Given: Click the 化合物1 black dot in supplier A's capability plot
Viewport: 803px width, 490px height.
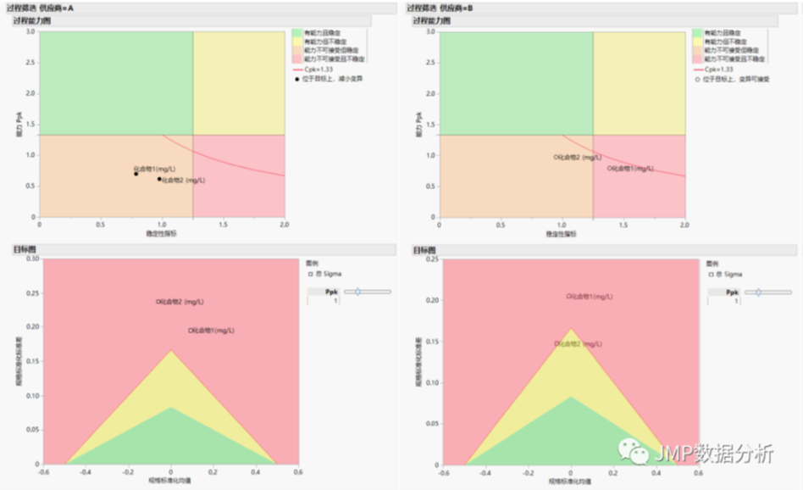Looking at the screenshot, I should (x=136, y=174).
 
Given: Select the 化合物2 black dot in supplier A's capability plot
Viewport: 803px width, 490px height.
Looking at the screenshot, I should (x=159, y=179).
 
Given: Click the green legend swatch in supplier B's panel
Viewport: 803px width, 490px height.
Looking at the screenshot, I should (x=698, y=33).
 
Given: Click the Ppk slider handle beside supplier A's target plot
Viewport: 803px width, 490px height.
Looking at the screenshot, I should (x=357, y=292).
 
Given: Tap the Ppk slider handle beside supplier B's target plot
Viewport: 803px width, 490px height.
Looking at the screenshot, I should (x=758, y=292).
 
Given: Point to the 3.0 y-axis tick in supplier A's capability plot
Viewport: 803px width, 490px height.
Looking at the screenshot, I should (x=30, y=32).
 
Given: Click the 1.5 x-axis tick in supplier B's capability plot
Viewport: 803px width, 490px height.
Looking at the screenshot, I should (x=623, y=225).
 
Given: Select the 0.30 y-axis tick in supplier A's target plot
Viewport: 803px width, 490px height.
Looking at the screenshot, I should (x=32, y=259).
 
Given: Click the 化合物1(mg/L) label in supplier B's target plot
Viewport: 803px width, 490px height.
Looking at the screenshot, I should (x=590, y=296).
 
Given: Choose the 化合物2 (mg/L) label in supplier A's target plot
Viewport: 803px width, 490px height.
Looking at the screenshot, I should (x=180, y=302).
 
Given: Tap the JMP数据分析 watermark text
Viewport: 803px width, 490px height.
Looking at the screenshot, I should (x=715, y=454).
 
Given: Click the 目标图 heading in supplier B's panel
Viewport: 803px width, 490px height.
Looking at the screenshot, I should (x=424, y=249).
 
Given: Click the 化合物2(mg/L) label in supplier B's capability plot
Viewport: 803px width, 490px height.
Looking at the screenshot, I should (x=579, y=157).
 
